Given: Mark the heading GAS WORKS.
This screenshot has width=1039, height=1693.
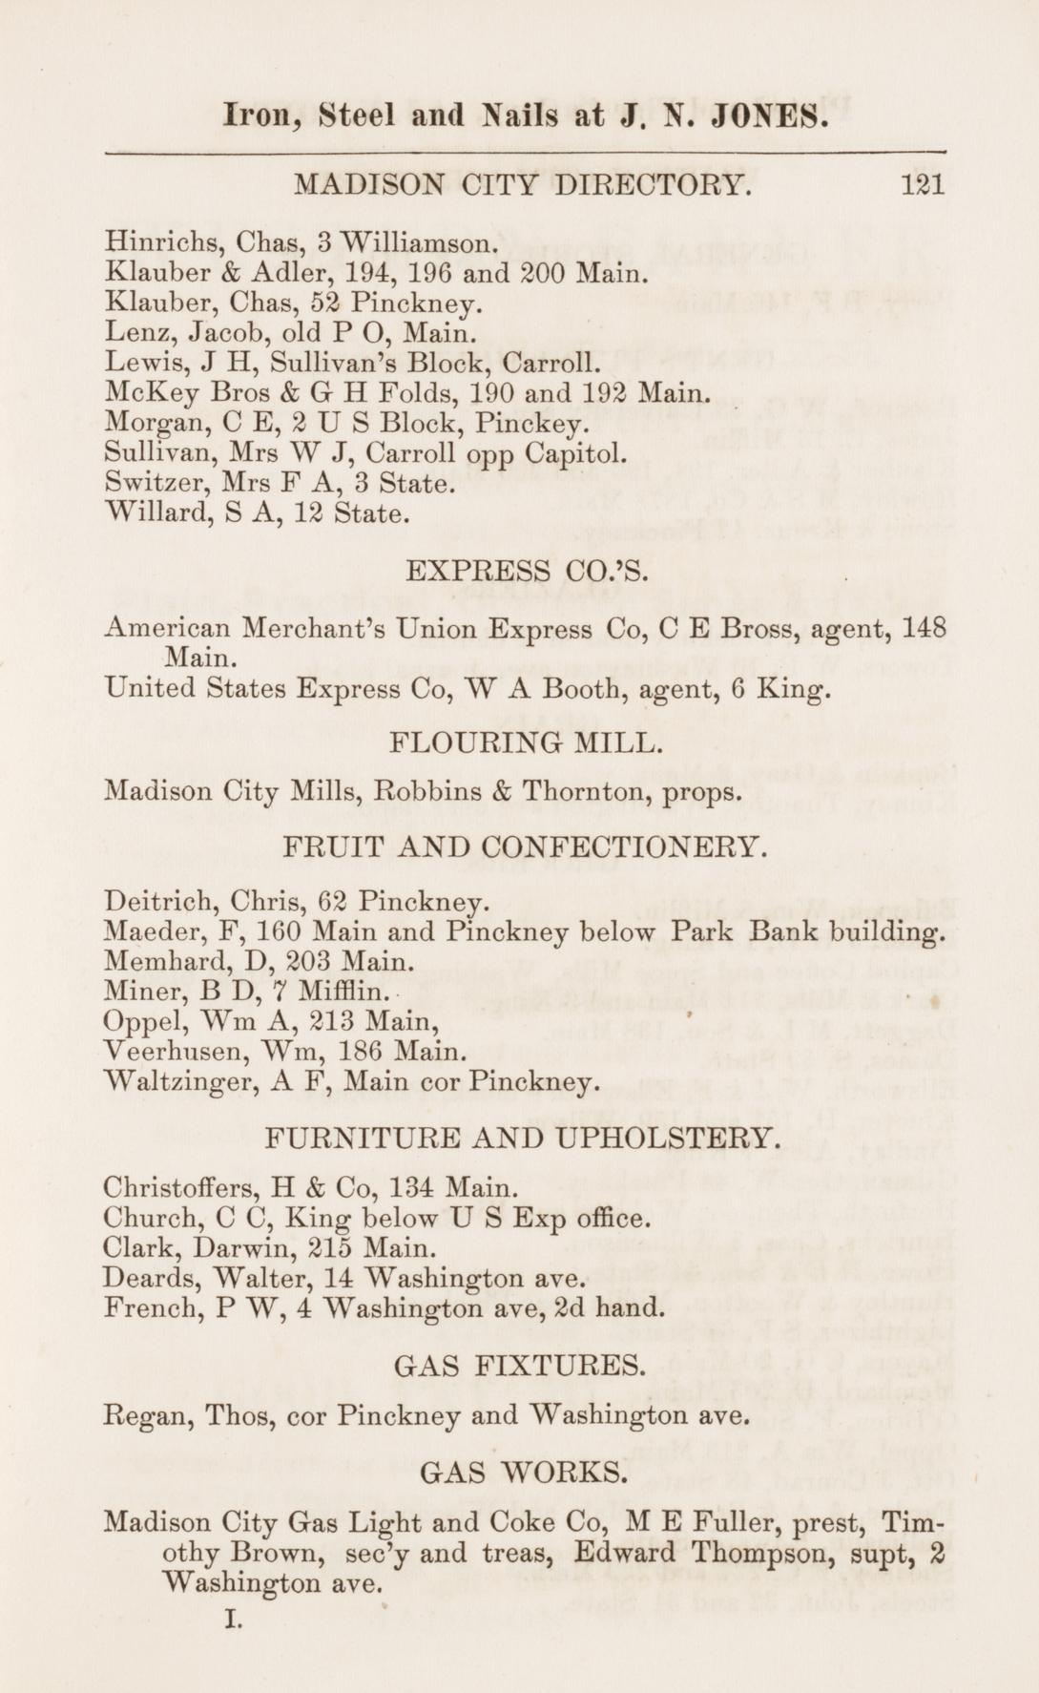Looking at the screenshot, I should click(524, 1472).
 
